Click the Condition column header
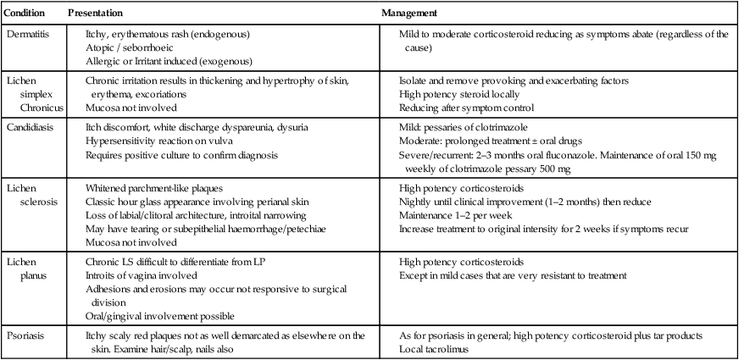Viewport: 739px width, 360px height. pyautogui.click(x=25, y=14)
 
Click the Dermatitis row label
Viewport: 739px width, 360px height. pyautogui.click(x=27, y=34)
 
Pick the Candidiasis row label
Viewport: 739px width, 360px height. pyautogui.click(x=31, y=127)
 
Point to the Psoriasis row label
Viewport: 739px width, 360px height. pyautogui.click(x=26, y=336)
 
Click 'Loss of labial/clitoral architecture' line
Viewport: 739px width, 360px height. pyautogui.click(x=196, y=213)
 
